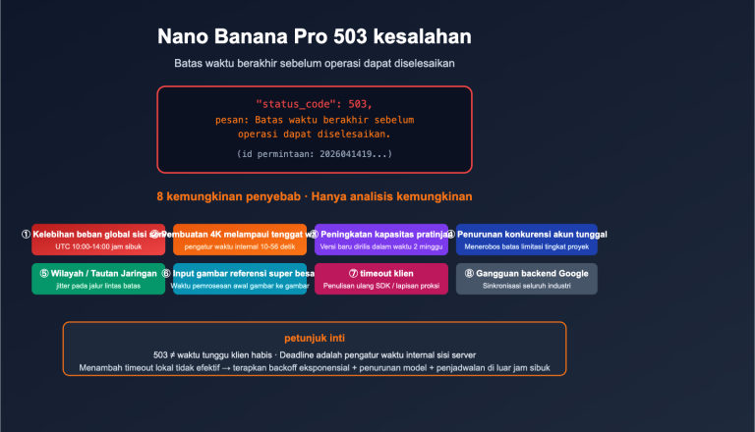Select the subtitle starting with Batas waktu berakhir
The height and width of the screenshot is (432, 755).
pyautogui.click(x=315, y=63)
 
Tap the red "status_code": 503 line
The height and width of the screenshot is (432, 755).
pyautogui.click(x=314, y=103)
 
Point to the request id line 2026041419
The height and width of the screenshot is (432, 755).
pyautogui.click(x=314, y=154)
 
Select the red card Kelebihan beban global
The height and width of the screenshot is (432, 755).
pyautogui.click(x=85, y=240)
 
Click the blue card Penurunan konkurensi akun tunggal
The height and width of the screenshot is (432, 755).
pyautogui.click(x=526, y=240)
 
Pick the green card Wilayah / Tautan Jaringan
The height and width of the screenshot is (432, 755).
pyautogui.click(x=85, y=279)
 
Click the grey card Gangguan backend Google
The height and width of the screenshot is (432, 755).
pyautogui.click(x=526, y=279)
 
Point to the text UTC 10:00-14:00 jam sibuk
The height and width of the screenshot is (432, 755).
pyautogui.click(x=85, y=247)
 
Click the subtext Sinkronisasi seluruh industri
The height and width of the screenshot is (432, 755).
pyautogui.click(x=526, y=287)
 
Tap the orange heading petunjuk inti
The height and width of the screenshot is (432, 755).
pyautogui.click(x=315, y=337)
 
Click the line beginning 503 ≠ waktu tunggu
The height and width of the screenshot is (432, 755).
pyautogui.click(x=315, y=353)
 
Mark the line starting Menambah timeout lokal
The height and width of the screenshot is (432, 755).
pyautogui.click(x=315, y=367)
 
